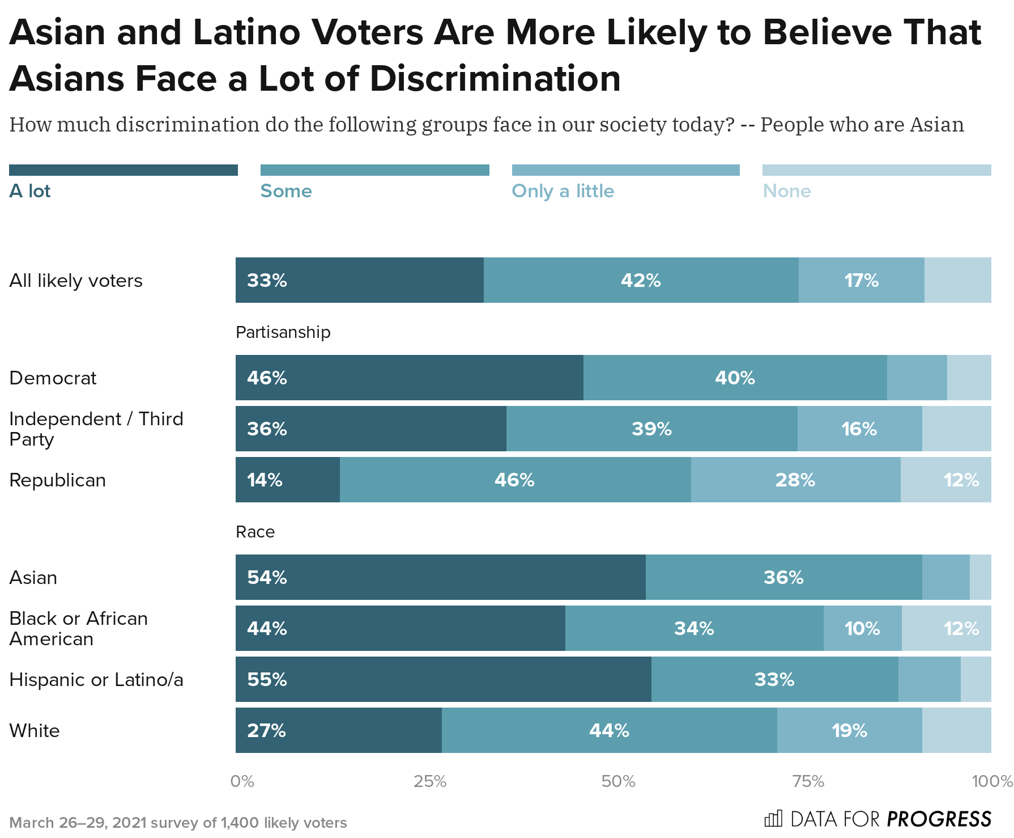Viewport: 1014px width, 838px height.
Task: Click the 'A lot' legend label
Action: coord(30,191)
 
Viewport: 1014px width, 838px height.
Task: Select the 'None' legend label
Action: coord(786,191)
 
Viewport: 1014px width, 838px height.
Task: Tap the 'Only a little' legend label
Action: coord(563,191)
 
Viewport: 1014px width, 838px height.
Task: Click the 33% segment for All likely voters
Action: coord(359,280)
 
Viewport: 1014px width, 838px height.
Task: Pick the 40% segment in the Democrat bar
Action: coord(735,378)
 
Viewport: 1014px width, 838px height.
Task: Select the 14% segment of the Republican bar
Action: coord(287,480)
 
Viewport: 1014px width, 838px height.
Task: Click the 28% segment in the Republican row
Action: coord(795,480)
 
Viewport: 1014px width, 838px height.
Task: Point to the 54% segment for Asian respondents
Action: coord(440,577)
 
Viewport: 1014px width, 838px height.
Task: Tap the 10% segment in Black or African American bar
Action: coord(862,628)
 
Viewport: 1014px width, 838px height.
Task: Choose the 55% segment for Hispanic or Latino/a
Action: coord(443,679)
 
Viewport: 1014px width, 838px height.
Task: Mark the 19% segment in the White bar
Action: coord(849,730)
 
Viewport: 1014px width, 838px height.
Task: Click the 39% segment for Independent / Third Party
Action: coord(651,429)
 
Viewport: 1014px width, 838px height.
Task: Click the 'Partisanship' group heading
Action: coord(283,332)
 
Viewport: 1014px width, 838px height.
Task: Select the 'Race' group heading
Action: coord(255,532)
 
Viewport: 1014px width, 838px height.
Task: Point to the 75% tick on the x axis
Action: coord(808,782)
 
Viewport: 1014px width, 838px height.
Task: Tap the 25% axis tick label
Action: coord(430,782)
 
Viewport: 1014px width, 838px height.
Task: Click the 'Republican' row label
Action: coord(57,480)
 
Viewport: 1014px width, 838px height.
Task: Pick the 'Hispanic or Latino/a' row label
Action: coord(96,679)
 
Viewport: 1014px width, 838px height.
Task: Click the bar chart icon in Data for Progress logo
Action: coord(773,819)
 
